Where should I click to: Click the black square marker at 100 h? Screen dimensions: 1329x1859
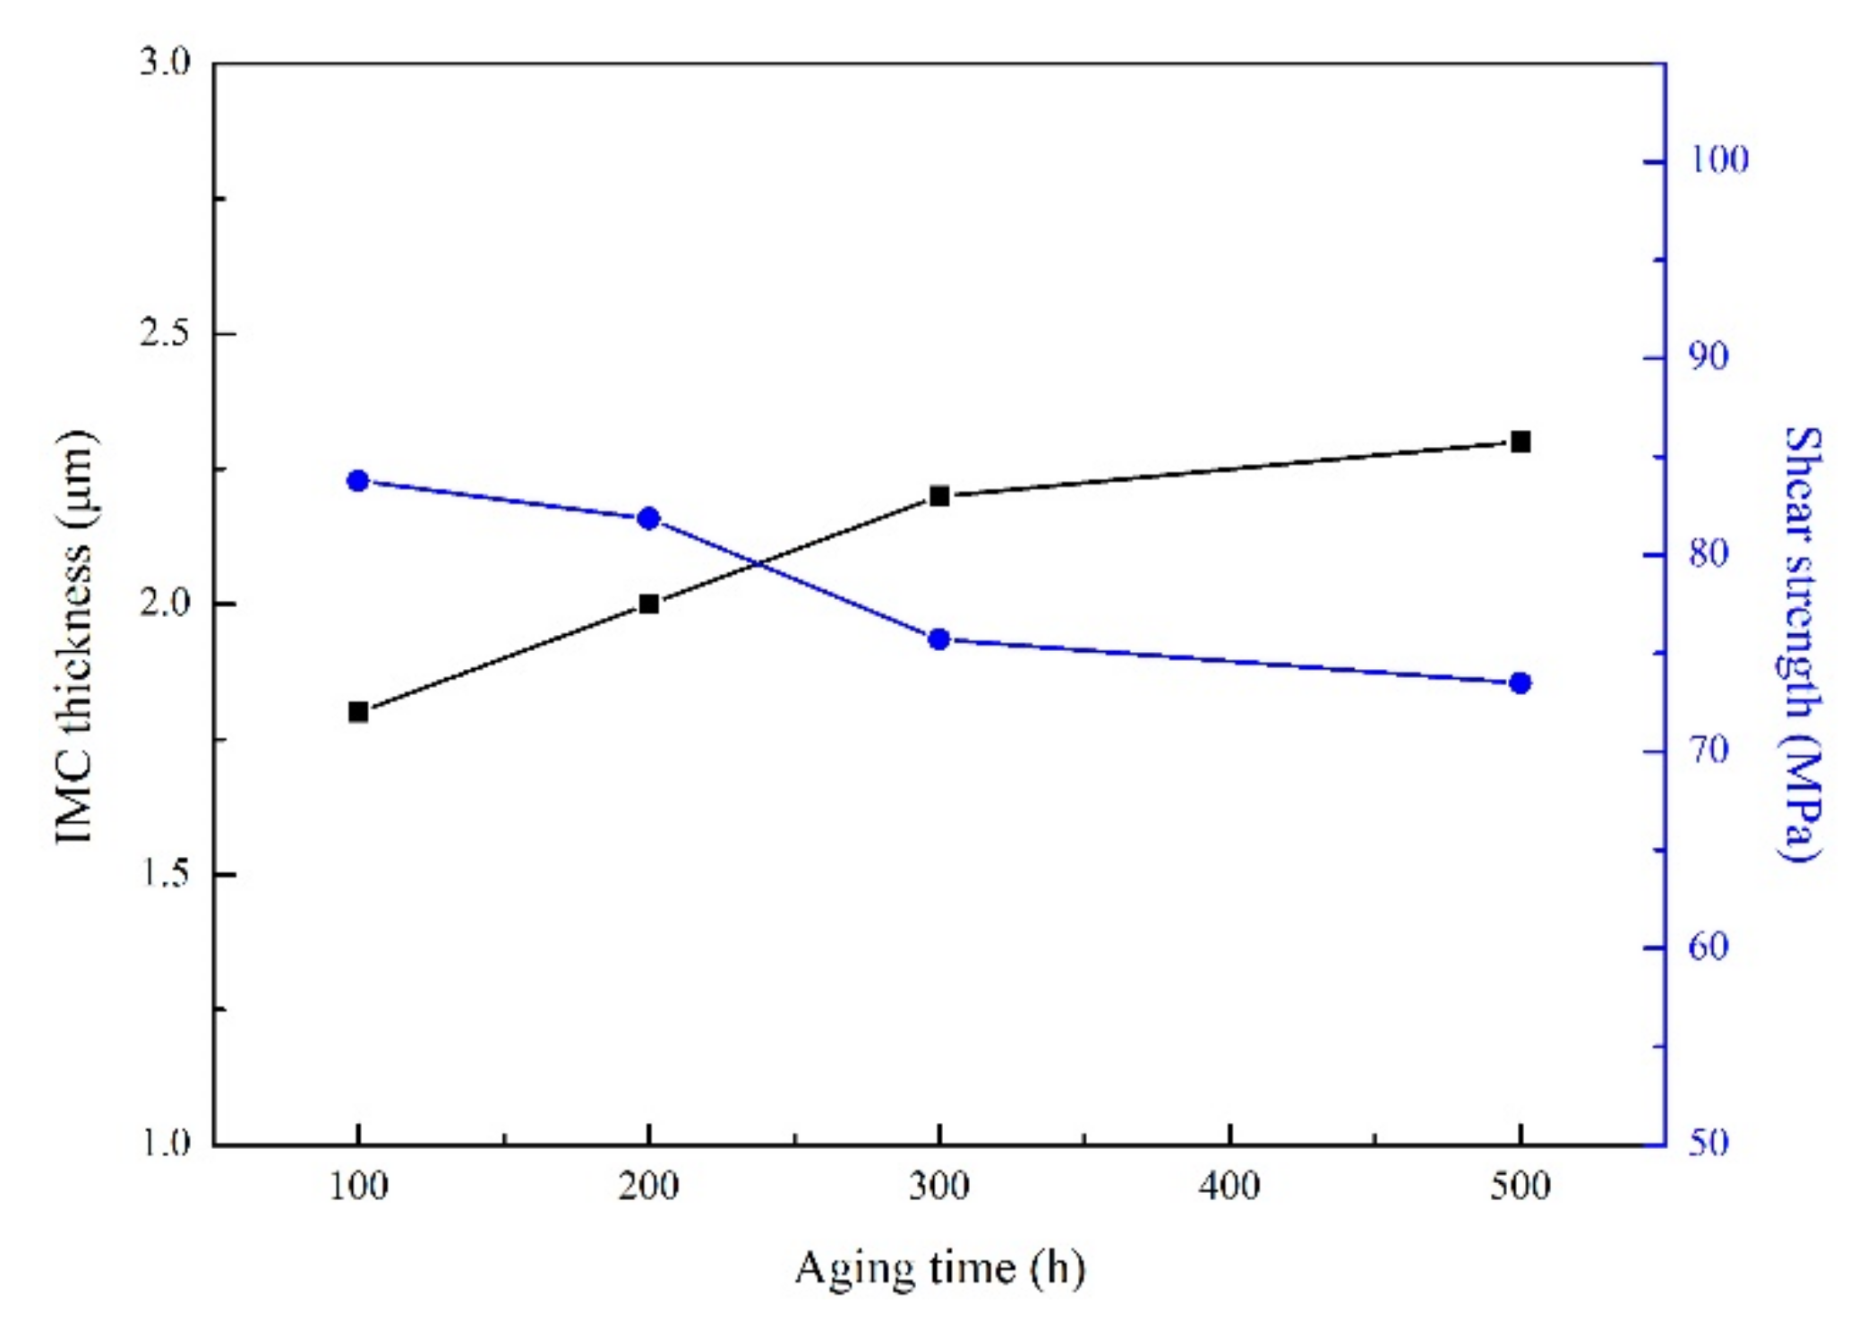358,712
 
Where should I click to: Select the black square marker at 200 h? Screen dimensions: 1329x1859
649,604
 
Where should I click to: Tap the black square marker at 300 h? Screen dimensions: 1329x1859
939,496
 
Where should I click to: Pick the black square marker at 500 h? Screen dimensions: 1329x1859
1520,442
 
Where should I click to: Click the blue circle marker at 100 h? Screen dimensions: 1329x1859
358,481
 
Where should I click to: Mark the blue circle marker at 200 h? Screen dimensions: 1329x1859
649,519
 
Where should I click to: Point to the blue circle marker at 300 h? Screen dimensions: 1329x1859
939,639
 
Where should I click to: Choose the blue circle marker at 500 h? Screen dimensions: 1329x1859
1520,683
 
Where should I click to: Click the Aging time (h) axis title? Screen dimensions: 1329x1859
939,1268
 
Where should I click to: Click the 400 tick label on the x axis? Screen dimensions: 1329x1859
1229,1187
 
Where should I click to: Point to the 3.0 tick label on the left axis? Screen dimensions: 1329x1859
166,63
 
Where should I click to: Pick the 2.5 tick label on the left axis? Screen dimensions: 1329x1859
166,333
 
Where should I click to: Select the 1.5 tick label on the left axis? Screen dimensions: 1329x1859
166,874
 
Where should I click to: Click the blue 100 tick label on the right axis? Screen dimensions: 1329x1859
1718,160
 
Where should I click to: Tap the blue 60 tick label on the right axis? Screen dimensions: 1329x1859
1709,947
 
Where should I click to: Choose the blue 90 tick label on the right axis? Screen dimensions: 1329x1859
1709,356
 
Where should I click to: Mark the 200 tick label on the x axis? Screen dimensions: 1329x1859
649,1187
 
